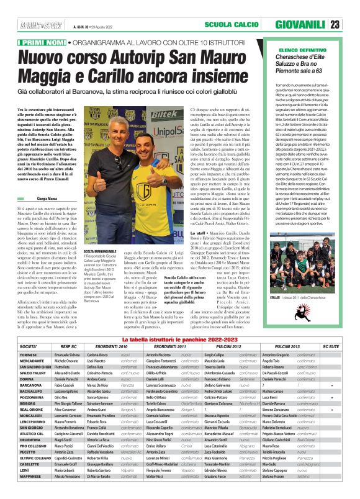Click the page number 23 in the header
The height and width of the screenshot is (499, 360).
pyautogui.click(x=351, y=25)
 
